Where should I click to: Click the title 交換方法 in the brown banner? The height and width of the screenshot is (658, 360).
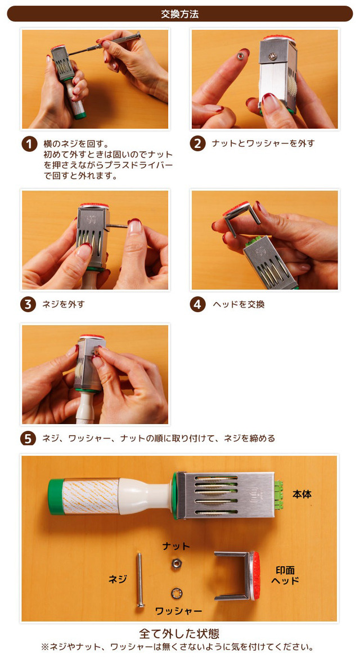pyautogui.click(x=179, y=14)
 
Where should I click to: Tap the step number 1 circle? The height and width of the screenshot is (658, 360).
pyautogui.click(x=29, y=144)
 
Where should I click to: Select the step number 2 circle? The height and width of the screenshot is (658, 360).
pyautogui.click(x=197, y=144)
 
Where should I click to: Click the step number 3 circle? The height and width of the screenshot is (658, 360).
pyautogui.click(x=28, y=304)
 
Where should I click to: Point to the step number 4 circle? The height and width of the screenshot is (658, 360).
pyautogui.click(x=197, y=304)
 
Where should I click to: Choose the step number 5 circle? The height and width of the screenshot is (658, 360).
pyautogui.click(x=28, y=439)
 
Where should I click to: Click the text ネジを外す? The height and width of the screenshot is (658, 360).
pyautogui.click(x=64, y=304)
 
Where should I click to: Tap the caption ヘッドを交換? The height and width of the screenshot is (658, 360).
pyautogui.click(x=238, y=304)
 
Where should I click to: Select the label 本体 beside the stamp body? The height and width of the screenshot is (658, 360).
pyautogui.click(x=301, y=494)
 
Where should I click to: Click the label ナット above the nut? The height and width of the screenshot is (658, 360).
pyautogui.click(x=176, y=546)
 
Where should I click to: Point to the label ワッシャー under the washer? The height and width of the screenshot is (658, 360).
pyautogui.click(x=179, y=611)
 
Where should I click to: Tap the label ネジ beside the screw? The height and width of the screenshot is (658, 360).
pyautogui.click(x=118, y=579)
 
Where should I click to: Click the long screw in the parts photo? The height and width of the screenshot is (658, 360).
pyautogui.click(x=139, y=580)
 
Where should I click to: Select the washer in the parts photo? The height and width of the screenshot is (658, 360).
pyautogui.click(x=177, y=593)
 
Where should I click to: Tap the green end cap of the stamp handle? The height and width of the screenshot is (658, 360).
pyautogui.click(x=55, y=497)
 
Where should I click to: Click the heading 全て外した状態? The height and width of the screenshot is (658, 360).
pyautogui.click(x=179, y=633)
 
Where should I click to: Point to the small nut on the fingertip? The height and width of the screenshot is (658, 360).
pyautogui.click(x=240, y=56)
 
